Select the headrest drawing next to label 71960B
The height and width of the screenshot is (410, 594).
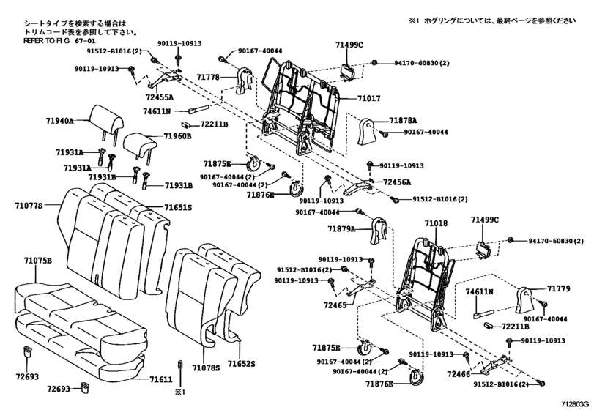click(138, 143)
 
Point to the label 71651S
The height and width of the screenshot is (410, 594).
click(177, 208)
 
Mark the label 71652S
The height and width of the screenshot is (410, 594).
click(240, 364)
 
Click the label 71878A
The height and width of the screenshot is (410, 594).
click(403, 119)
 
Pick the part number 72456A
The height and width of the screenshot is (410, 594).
click(396, 182)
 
